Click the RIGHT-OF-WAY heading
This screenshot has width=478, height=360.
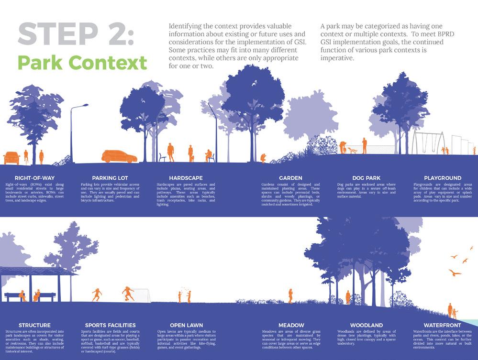[x=34, y=178]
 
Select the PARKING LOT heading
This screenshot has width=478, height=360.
[x=110, y=178]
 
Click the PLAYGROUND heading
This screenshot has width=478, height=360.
[x=442, y=178]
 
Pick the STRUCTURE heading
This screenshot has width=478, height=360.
[x=34, y=325]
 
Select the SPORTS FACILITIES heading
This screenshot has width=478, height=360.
[x=110, y=325]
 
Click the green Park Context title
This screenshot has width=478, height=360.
[x=82, y=63]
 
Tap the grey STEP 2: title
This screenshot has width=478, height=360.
[x=76, y=35]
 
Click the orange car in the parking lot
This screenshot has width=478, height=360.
[x=119, y=156]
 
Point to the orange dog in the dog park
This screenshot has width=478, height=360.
[x=353, y=150]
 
